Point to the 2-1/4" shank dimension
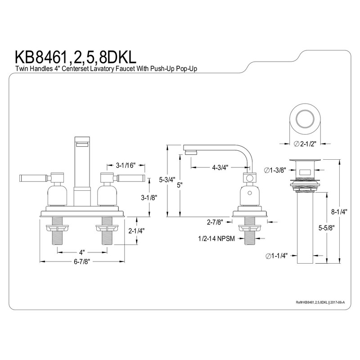(x=136, y=232)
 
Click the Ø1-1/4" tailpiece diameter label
(x=275, y=256)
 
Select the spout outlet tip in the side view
(x=191, y=153)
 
